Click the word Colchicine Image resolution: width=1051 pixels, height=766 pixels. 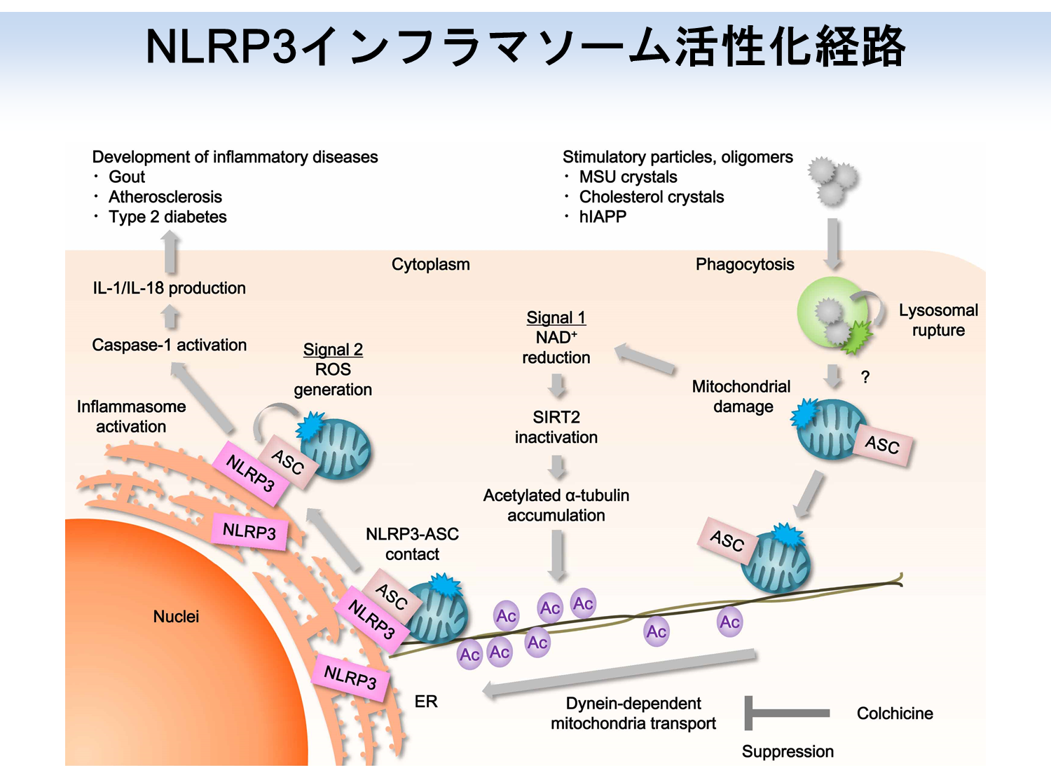click(x=895, y=713)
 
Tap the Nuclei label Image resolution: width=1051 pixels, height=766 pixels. click(x=176, y=617)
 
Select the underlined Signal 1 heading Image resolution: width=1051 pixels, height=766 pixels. click(x=556, y=317)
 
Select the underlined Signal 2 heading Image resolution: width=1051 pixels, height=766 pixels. click(x=333, y=350)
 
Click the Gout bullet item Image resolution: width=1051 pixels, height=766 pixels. click(x=126, y=177)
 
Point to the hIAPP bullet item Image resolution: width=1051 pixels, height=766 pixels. click(x=602, y=217)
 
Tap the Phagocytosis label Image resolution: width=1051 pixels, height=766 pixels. click(x=745, y=265)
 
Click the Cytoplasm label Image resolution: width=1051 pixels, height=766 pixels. click(x=430, y=265)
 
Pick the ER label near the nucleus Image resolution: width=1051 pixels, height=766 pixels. click(x=426, y=702)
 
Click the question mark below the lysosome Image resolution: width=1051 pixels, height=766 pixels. click(x=865, y=378)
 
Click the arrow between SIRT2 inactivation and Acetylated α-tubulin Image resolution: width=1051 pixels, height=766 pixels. click(x=557, y=466)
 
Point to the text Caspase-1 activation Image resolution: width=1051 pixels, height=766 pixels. click(x=170, y=345)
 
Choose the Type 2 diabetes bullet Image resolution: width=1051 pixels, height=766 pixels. click(x=167, y=217)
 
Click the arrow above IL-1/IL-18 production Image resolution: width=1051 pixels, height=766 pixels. click(x=170, y=252)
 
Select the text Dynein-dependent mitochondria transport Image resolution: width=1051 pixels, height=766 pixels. click(x=633, y=713)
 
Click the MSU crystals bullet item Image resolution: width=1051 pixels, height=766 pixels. click(x=628, y=177)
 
